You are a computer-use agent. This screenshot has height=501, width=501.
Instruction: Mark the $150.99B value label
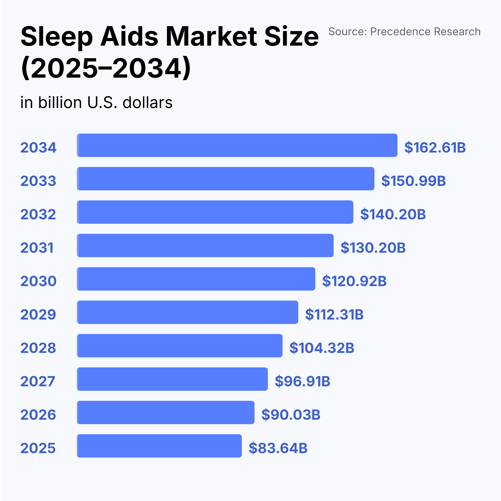413,181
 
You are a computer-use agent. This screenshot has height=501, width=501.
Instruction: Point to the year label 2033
38,181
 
